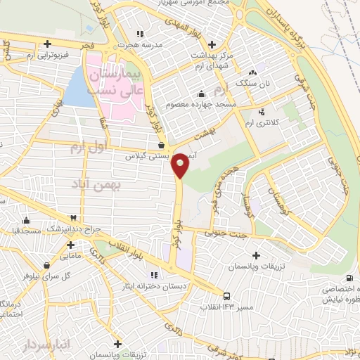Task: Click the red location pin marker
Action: tap(181, 164)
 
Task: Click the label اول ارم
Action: tap(87, 148)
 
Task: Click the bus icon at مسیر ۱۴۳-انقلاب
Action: tap(226, 296)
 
